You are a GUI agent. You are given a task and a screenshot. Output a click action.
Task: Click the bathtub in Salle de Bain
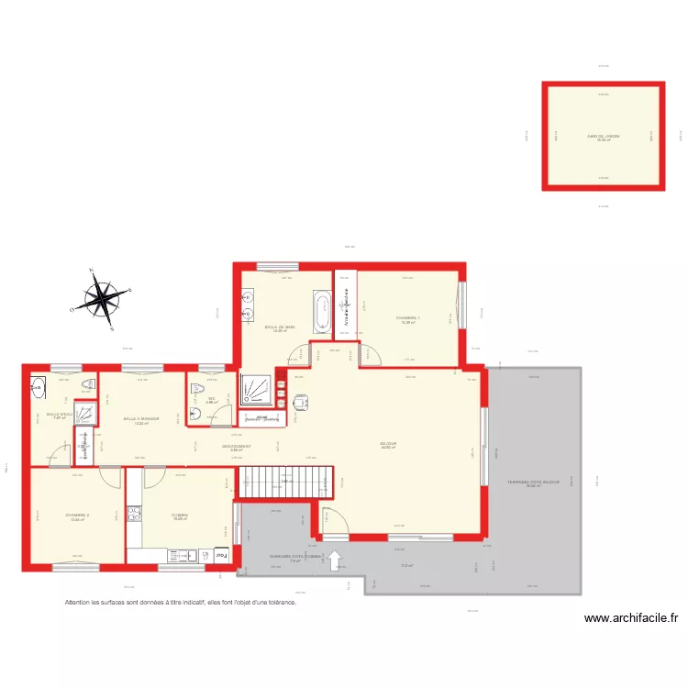(321, 312)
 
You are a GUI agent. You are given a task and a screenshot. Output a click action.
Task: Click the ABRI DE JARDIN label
(603, 136)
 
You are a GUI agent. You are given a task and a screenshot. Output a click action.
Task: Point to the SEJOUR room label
(388, 444)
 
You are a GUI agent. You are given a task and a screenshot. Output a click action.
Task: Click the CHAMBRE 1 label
(406, 318)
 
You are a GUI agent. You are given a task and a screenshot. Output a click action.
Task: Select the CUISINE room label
(180, 516)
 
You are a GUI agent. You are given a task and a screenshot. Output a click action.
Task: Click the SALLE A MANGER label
(141, 419)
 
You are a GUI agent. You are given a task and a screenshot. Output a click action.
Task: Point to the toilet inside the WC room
(196, 389)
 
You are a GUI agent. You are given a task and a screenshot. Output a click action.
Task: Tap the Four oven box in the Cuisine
(221, 553)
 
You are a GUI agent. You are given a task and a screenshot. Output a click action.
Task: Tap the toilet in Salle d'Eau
(88, 384)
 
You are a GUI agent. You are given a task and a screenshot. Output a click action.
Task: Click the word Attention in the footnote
(80, 603)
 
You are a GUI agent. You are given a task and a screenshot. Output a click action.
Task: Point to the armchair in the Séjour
(301, 401)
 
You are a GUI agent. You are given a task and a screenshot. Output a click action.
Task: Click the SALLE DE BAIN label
(280, 327)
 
